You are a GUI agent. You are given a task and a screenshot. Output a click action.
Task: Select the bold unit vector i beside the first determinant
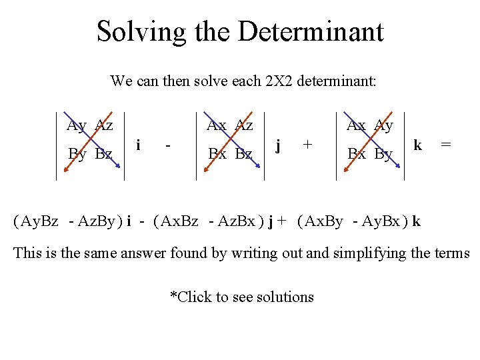[138, 144]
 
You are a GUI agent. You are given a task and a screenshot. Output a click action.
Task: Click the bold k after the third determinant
[417, 144]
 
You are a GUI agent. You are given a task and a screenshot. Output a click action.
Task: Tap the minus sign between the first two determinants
[169, 144]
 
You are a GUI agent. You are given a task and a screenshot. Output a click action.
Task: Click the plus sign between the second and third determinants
[307, 143]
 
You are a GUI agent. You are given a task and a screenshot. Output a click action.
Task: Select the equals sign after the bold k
[446, 144]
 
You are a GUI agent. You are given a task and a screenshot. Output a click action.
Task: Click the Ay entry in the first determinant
[77, 125]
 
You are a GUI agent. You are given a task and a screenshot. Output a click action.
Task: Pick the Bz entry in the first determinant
[103, 155]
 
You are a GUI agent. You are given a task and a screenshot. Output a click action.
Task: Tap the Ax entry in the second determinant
[217, 125]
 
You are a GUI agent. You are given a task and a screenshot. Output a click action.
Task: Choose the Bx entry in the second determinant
[218, 155]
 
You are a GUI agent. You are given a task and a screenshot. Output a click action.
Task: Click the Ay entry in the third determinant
[383, 125]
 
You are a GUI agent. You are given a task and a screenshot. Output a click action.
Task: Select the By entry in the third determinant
[383, 155]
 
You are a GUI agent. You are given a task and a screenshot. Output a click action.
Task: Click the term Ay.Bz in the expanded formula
[39, 221]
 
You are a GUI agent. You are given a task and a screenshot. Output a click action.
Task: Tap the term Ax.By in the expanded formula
[323, 221]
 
